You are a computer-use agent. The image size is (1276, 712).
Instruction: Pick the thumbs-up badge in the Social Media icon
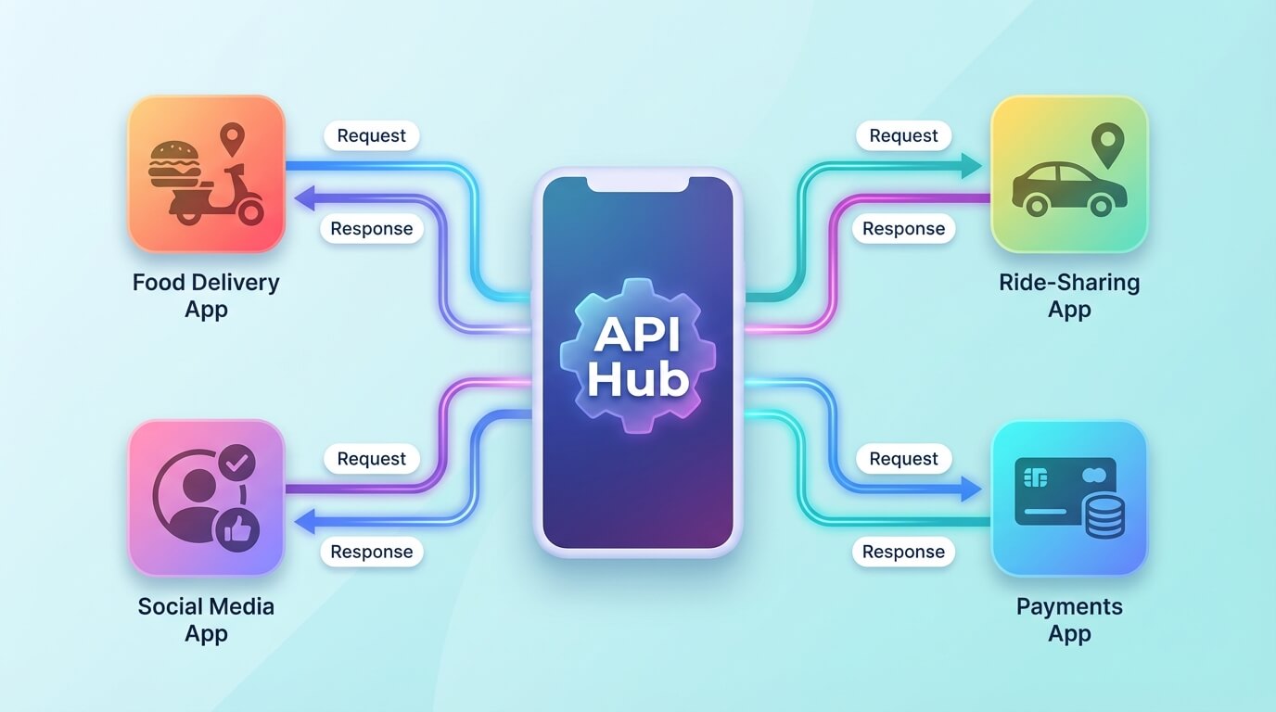pos(236,529)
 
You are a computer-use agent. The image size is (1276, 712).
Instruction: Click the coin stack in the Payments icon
pos(1104,515)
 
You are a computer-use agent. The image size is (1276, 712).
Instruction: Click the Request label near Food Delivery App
pos(371,135)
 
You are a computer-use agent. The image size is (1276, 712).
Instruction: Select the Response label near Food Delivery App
pos(371,229)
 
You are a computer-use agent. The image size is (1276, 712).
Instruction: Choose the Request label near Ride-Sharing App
pos(903,135)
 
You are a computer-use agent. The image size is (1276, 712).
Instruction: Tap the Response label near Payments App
pos(903,552)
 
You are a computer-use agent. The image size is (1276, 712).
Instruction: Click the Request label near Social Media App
pos(371,459)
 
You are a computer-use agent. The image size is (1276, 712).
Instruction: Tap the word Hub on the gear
pos(638,380)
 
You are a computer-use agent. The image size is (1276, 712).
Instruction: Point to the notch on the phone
pos(638,184)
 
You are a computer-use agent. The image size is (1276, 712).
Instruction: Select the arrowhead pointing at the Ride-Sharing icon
pos(971,166)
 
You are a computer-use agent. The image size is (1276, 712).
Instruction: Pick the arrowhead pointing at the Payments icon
pos(971,489)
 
